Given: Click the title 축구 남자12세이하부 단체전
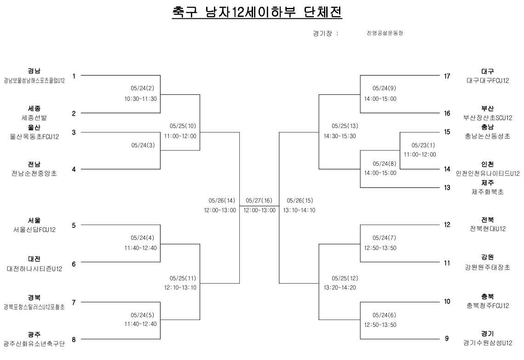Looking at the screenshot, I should (257, 12).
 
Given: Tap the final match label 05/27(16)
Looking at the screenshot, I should (259, 201).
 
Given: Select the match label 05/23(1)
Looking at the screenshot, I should (420, 145).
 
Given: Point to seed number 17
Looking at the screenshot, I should (447, 76).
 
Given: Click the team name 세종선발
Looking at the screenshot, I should (35, 117).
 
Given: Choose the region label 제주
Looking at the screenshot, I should (488, 183).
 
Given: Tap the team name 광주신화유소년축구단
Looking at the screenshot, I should (34, 344).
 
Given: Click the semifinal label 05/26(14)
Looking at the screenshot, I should (222, 201).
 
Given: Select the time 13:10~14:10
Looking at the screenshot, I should (300, 210).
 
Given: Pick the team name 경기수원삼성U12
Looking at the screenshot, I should (488, 343).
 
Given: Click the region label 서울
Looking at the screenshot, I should (35, 221).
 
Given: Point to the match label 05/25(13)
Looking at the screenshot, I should (340, 126).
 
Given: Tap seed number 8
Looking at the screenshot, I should (74, 340).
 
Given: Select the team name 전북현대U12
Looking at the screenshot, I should (488, 229).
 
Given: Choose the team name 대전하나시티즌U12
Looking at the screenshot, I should (35, 268).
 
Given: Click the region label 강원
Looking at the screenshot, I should (488, 257).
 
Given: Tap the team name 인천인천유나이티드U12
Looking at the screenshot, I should (488, 174).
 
